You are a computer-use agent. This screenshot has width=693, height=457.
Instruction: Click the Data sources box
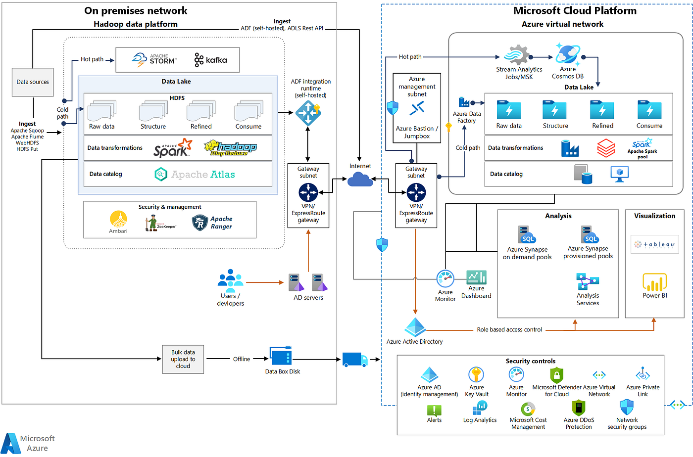[33, 82]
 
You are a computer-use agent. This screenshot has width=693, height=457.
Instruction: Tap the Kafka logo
[211, 60]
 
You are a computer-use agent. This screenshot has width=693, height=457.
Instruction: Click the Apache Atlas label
[203, 174]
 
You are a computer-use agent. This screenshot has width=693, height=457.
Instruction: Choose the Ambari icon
[118, 219]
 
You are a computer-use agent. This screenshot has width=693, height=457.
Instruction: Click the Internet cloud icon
[360, 179]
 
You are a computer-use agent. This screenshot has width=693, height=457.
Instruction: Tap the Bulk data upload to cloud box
[183, 359]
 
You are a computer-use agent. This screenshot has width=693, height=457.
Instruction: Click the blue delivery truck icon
[354, 359]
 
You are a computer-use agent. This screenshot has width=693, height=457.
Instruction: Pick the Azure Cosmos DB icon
[567, 53]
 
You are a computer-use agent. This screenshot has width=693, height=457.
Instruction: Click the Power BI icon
[654, 282]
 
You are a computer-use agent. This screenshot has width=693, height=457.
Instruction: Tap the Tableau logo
[654, 244]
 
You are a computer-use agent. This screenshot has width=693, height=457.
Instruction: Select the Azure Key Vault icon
[476, 375]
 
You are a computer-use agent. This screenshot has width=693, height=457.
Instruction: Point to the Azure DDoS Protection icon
[578, 408]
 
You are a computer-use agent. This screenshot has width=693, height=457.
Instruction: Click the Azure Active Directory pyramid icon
[415, 327]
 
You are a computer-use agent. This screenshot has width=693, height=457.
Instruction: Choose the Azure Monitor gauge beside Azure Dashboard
[445, 279]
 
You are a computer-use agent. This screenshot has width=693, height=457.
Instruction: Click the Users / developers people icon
[230, 278]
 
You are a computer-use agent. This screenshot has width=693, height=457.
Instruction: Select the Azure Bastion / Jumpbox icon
[417, 108]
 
